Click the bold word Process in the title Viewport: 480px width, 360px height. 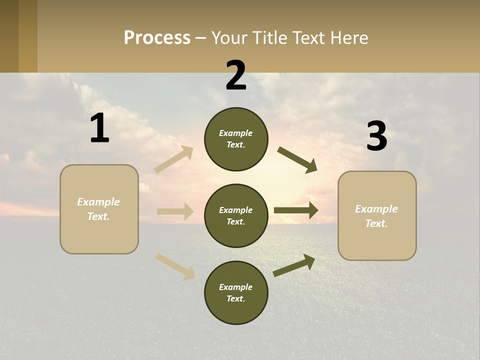pos(157,38)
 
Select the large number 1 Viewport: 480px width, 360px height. pos(99,128)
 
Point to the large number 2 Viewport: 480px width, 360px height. pos(236,75)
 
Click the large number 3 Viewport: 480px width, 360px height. pos(376,136)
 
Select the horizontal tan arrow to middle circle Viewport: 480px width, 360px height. pos(175,211)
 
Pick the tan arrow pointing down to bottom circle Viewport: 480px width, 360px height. pos(175,266)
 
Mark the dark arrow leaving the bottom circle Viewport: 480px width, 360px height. pos(294,265)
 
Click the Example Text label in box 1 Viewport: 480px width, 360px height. pos(98,209)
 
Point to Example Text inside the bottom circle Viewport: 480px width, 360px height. pos(236,293)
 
